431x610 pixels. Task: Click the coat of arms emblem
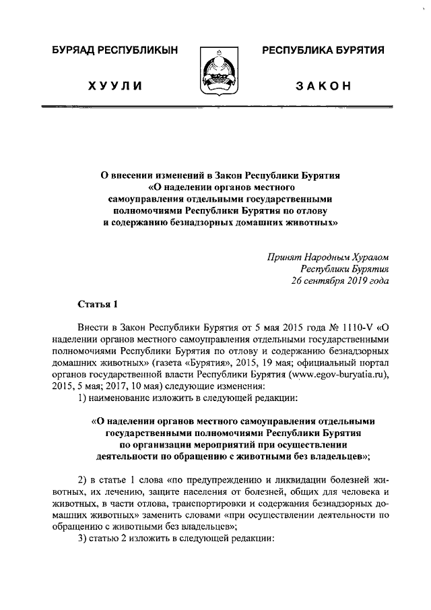pyautogui.click(x=215, y=73)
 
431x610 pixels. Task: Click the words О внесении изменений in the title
pyautogui.click(x=147, y=175)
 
